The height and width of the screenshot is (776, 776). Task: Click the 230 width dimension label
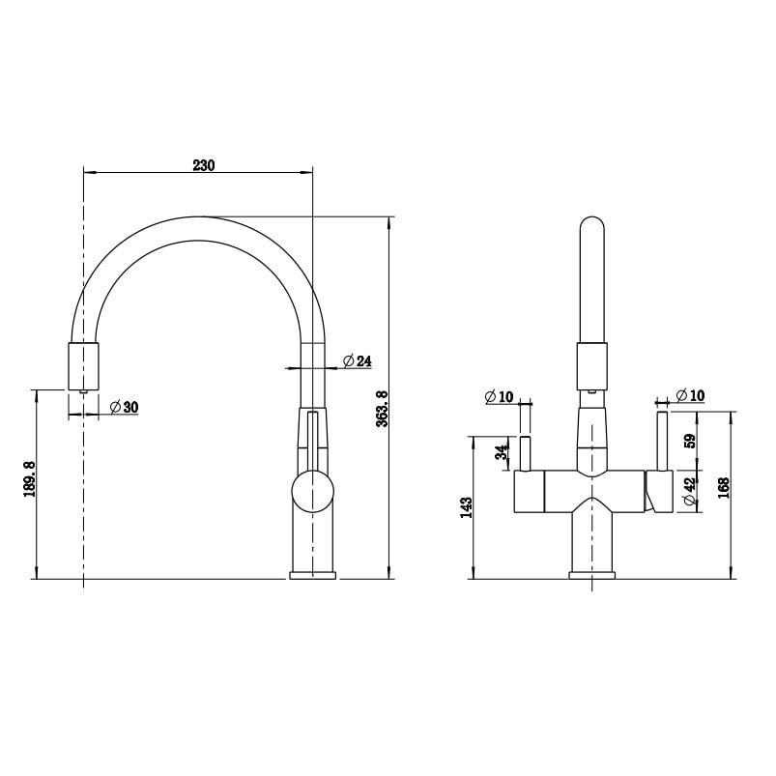point(203,165)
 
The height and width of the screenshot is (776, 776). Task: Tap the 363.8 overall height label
point(382,409)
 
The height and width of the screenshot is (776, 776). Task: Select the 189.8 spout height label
point(29,479)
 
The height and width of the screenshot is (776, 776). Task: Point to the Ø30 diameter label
point(124,407)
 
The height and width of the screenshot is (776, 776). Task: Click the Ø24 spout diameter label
point(357,361)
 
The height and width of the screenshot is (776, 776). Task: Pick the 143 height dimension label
point(466,507)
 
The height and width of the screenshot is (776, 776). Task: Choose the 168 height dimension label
point(724,487)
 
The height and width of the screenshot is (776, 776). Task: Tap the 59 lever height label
point(690,441)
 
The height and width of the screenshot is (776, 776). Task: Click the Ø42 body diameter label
point(690,491)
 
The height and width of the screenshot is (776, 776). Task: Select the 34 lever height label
point(503,452)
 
